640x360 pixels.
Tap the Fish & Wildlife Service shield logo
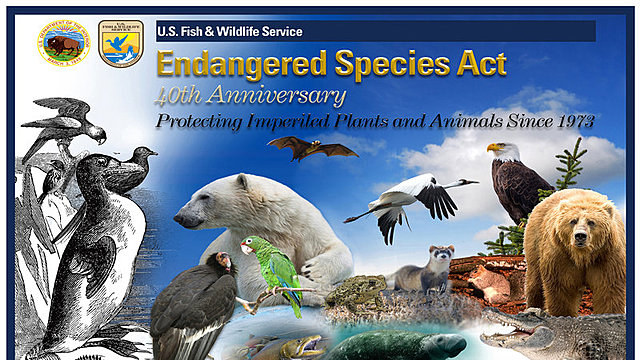click(120, 41)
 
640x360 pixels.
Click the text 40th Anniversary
click(249, 97)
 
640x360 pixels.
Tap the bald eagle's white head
click(500, 153)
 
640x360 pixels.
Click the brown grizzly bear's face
click(578, 238)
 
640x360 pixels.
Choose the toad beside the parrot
click(355, 292)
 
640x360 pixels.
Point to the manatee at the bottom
click(395, 345)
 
